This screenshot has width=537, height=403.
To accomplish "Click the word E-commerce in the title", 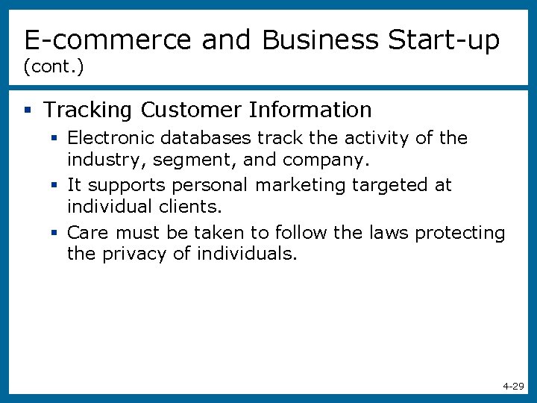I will [108, 40].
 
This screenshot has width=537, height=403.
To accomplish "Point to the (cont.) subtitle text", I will [54, 67].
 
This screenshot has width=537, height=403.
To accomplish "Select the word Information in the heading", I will [310, 110].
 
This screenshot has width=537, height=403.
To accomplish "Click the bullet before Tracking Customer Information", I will [28, 110].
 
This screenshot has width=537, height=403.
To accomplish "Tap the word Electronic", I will [109, 138].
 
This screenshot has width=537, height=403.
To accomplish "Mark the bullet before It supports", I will [54, 184].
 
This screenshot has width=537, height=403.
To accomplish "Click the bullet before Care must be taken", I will [54, 233].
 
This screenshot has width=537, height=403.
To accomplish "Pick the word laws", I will [389, 233].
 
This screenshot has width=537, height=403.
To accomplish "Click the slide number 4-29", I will [513, 387].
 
